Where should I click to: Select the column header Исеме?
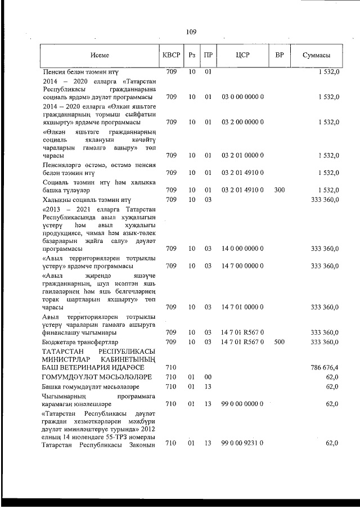[100, 55]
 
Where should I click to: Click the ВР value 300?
[279, 190]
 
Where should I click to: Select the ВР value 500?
[279, 342]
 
